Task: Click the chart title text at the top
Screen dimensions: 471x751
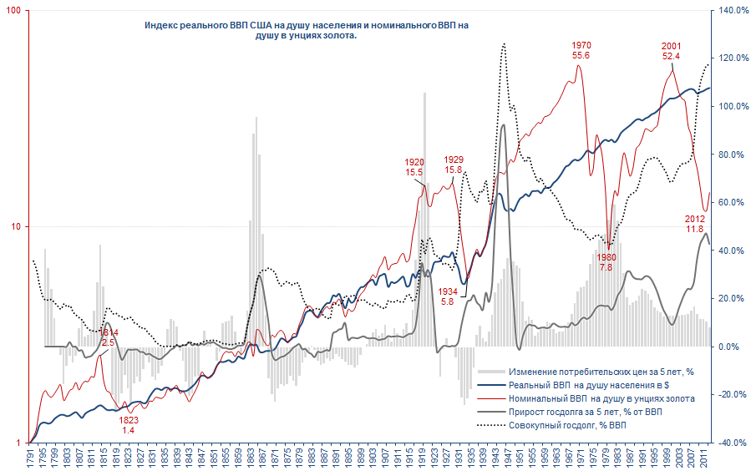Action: point(307,31)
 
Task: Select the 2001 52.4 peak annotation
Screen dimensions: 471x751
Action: point(670,51)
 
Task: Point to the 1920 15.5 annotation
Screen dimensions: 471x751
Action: point(414,167)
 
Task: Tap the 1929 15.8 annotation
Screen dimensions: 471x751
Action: point(454,165)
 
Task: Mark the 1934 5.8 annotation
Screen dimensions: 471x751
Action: point(447,296)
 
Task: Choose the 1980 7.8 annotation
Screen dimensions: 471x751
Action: point(607,262)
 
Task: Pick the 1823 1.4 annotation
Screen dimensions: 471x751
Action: point(129,425)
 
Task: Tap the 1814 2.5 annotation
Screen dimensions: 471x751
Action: point(108,337)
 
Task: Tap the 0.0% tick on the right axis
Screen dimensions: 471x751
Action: point(729,347)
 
